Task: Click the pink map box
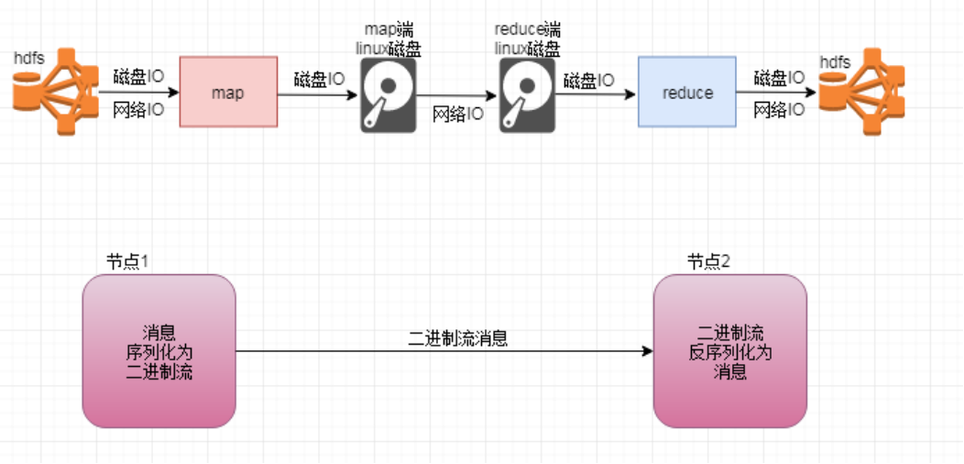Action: tap(228, 92)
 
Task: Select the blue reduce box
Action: tap(686, 92)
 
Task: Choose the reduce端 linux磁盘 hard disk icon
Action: tap(526, 96)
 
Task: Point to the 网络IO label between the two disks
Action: tap(457, 115)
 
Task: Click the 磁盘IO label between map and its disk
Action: tap(319, 80)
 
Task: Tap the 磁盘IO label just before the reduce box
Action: tap(589, 81)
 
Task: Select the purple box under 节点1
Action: tap(159, 351)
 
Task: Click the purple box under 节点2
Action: tap(730, 351)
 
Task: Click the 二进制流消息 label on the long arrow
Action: tap(458, 337)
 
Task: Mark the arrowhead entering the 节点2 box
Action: tap(648, 351)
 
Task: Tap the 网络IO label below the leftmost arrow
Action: tap(138, 111)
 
